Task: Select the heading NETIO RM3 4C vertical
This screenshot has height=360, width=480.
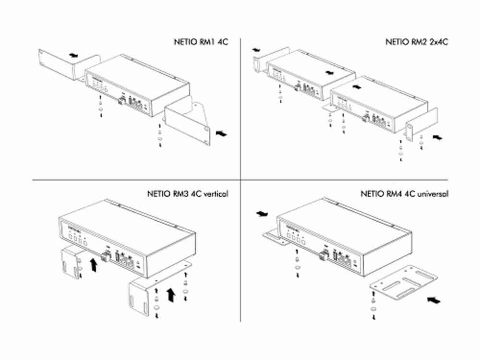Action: point(187,194)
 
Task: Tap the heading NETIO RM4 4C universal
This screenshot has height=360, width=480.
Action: point(404,194)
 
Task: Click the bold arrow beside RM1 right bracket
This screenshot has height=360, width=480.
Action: point(221,134)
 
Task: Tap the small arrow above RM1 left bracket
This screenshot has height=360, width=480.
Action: point(72,55)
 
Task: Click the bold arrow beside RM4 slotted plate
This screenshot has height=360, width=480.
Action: point(433,300)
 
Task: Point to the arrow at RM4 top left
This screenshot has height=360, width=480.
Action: point(262,214)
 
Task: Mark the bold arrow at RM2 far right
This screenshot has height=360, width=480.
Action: point(437,137)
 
